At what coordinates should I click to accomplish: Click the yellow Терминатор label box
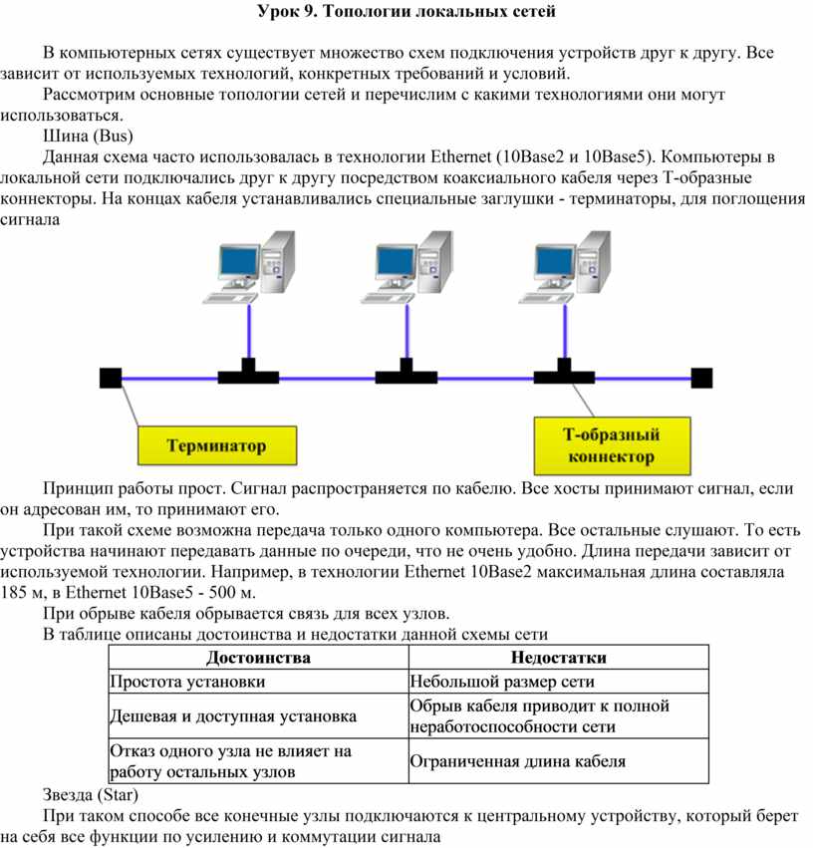[215, 445]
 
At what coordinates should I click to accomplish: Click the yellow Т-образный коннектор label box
[611, 445]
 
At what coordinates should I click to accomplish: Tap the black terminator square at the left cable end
[111, 377]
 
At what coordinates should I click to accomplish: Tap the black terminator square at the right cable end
[702, 377]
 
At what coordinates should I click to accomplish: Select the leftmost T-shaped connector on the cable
[248, 374]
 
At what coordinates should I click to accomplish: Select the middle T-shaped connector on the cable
[406, 374]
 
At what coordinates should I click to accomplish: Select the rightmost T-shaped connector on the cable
[564, 374]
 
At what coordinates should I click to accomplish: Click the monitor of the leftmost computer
[236, 262]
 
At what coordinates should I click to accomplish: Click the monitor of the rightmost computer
[554, 262]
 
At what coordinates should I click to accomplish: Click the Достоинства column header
[258, 657]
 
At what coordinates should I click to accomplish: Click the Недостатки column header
[558, 657]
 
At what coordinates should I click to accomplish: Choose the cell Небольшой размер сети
[502, 682]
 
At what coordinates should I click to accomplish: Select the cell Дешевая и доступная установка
[233, 716]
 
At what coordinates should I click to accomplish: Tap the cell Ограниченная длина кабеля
[518, 761]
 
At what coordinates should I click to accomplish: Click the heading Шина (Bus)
[89, 136]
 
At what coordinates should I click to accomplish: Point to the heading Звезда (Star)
[91, 795]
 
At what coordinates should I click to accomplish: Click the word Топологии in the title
[381, 12]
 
